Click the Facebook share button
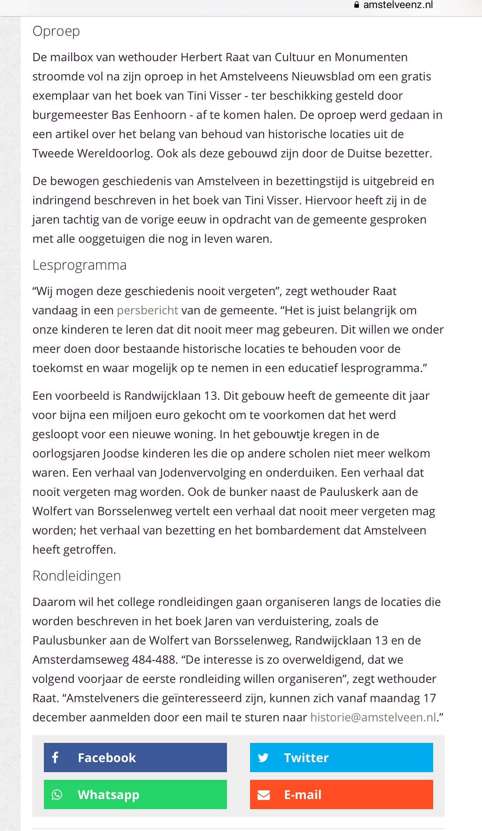click(x=135, y=757)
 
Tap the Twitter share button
click(x=341, y=757)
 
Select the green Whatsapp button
click(x=135, y=794)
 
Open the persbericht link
click(x=147, y=310)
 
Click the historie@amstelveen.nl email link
click(x=373, y=717)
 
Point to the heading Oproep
click(x=56, y=31)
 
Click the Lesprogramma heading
click(x=79, y=265)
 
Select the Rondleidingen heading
click(x=77, y=576)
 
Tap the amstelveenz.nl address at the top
click(x=398, y=5)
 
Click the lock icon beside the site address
click(x=357, y=5)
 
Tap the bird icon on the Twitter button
click(x=263, y=758)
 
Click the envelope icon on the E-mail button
click(x=264, y=794)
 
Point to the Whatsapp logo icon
click(x=57, y=794)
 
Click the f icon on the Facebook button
click(x=55, y=757)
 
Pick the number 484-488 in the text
click(x=154, y=659)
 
